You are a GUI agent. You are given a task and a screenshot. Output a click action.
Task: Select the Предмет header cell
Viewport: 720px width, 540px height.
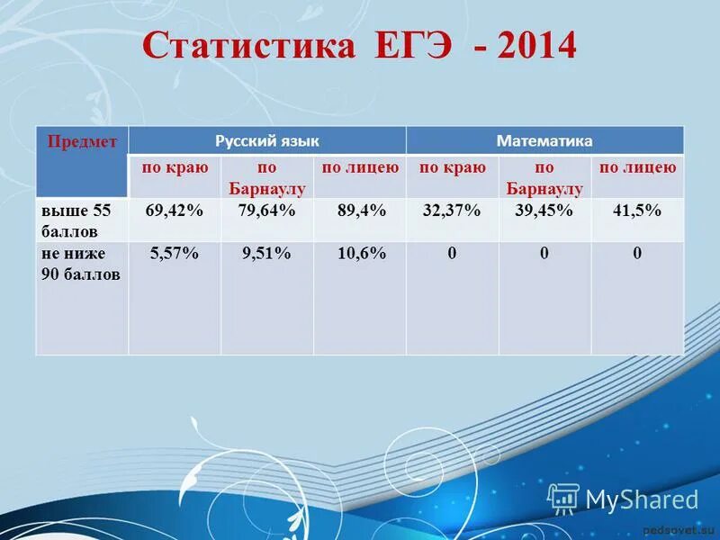tap(82, 141)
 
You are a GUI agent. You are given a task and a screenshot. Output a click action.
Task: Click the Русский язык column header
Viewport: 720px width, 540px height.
tap(267, 140)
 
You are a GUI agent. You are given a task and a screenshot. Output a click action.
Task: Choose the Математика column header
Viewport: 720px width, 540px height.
tap(544, 140)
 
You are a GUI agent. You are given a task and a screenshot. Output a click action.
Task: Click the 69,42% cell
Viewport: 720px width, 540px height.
tap(174, 210)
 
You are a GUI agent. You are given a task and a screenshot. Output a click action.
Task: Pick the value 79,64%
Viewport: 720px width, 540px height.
tap(266, 210)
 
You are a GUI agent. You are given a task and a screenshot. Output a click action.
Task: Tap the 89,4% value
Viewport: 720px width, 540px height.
tap(361, 210)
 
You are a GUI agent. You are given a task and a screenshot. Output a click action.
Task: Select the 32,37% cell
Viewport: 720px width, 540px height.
tap(452, 210)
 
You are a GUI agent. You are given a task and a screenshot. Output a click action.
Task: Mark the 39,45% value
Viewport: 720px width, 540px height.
tap(544, 210)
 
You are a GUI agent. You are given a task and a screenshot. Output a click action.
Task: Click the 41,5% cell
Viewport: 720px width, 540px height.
tap(636, 210)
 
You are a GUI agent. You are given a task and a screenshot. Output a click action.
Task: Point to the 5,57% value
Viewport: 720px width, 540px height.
tap(174, 254)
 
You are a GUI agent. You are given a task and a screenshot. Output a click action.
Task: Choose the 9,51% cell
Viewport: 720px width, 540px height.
tap(266, 254)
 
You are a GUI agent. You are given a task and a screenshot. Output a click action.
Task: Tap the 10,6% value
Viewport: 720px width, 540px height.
tap(361, 254)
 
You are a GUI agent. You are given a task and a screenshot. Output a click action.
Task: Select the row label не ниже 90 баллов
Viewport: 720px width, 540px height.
tap(79, 264)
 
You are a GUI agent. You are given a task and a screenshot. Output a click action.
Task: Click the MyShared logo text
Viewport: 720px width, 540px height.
tap(642, 499)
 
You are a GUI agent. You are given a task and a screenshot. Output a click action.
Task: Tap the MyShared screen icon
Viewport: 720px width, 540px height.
tap(562, 498)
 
